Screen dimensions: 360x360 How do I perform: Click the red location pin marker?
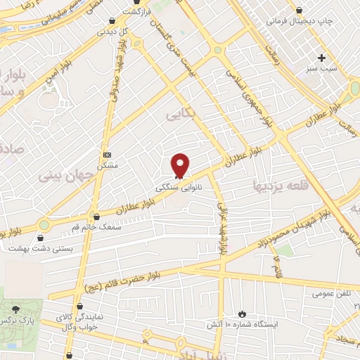[181, 165]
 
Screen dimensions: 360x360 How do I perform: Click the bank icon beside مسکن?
[106, 155]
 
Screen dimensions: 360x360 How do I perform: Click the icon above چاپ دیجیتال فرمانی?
[300, 10]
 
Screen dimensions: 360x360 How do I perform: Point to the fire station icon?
[243, 313]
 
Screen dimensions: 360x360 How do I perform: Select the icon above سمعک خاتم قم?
[96, 217]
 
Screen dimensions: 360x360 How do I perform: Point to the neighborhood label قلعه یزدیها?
[277, 186]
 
